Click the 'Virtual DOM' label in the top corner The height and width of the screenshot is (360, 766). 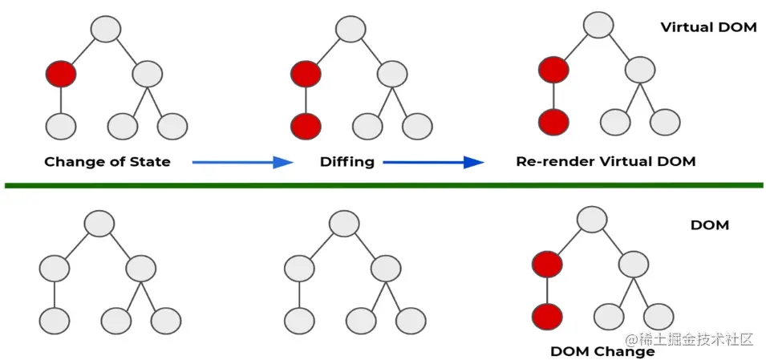(x=708, y=27)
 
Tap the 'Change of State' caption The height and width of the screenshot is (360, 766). (x=107, y=162)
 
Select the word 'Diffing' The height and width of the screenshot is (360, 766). (x=347, y=162)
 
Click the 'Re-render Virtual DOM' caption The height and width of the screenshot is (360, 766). (x=606, y=162)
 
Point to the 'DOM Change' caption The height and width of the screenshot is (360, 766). (x=602, y=351)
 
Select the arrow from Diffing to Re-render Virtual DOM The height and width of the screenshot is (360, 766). (x=433, y=162)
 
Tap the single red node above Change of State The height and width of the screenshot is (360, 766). (x=61, y=75)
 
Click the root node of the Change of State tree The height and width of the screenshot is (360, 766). (x=106, y=29)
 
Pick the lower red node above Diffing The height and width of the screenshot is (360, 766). (x=306, y=125)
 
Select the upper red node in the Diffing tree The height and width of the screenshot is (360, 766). (x=306, y=75)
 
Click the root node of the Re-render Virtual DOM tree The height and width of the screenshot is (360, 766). (x=598, y=24)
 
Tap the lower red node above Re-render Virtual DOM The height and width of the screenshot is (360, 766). (x=553, y=123)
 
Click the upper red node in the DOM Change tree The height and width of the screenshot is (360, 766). (x=546, y=262)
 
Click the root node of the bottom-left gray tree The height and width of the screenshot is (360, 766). (x=99, y=223)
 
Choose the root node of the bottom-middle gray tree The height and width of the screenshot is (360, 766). (x=343, y=223)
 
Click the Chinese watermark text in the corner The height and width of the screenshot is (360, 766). (x=690, y=339)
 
